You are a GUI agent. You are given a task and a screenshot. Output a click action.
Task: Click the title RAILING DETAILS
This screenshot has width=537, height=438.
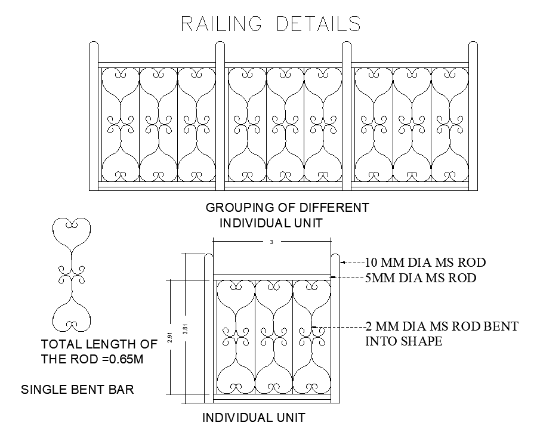pyautogui.click(x=271, y=24)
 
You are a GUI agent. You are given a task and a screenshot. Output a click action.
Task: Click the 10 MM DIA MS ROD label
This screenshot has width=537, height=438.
pyautogui.click(x=425, y=262)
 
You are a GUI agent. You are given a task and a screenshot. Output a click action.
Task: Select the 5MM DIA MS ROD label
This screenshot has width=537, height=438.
pyautogui.click(x=420, y=277)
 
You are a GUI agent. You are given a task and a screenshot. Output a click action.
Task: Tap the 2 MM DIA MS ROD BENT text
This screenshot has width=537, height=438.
pyautogui.click(x=442, y=326)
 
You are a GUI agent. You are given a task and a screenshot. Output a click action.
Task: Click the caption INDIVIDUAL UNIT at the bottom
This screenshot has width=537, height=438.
pyautogui.click(x=254, y=418)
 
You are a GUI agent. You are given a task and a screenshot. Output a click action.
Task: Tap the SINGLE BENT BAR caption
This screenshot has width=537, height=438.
pyautogui.click(x=78, y=390)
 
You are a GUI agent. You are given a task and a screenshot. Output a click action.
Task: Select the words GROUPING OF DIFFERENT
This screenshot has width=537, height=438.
pyautogui.click(x=287, y=208)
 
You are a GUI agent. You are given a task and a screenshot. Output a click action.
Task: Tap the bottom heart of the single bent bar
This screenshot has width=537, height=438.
pyautogui.click(x=72, y=315)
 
